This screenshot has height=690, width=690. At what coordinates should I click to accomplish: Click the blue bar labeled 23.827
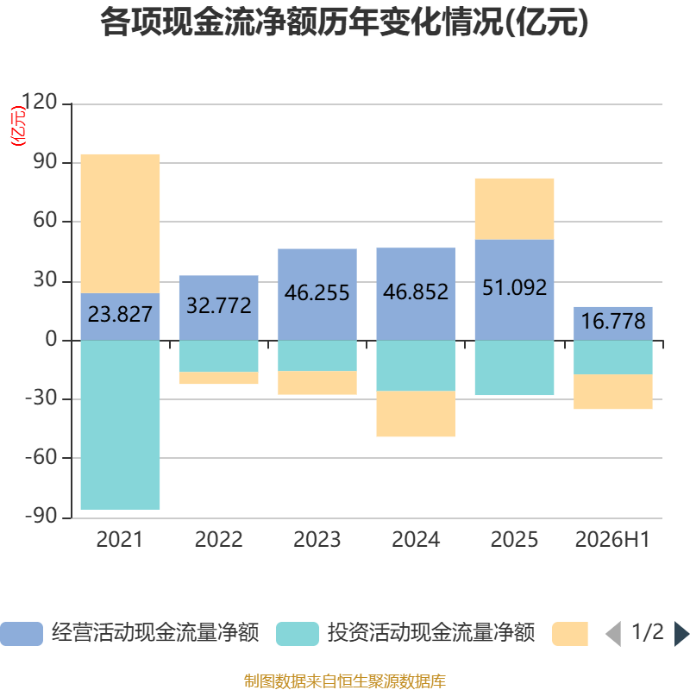click(120, 317)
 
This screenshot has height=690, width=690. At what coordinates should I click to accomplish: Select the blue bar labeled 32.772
click(219, 308)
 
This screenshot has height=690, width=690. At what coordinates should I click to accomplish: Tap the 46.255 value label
click(317, 292)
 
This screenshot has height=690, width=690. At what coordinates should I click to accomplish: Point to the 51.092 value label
click(514, 288)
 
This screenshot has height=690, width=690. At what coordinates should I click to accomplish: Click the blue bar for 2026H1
click(613, 323)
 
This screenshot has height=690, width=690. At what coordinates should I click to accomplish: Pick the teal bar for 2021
click(120, 425)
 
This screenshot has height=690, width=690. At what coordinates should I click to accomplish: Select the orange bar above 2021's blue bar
click(120, 223)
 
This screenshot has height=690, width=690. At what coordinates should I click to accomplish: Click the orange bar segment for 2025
click(514, 209)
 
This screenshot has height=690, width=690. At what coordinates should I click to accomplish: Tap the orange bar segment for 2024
click(416, 414)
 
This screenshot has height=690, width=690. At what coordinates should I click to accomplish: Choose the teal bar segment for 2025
click(514, 367)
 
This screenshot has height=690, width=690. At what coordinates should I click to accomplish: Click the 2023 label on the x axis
click(317, 540)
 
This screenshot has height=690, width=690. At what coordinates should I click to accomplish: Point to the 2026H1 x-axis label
click(612, 540)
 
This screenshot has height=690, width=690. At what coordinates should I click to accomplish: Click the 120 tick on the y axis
click(39, 102)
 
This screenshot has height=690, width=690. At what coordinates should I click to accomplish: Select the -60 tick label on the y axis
click(41, 457)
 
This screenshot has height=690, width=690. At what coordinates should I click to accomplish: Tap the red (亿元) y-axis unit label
click(18, 126)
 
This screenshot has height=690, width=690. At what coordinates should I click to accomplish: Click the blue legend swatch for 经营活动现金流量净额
click(22, 634)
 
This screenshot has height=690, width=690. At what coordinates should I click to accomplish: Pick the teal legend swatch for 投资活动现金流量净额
click(298, 634)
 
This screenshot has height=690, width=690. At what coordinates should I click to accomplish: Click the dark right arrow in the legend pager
click(681, 634)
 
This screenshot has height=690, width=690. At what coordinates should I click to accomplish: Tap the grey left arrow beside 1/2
click(613, 634)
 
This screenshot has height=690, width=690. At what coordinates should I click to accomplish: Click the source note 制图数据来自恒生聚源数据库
click(345, 681)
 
